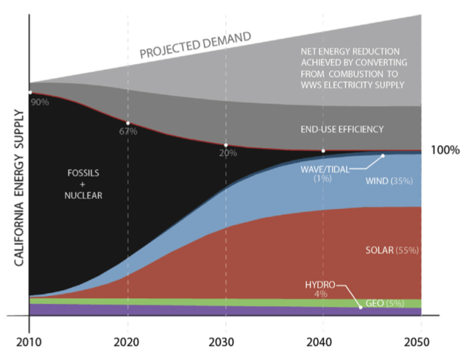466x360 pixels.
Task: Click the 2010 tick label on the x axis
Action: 28,342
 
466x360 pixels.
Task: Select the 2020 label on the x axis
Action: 127,342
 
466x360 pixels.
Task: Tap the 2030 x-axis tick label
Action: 226,342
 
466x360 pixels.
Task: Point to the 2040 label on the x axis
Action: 323,342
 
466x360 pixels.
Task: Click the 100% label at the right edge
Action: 444,151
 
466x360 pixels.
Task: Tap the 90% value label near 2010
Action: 40,102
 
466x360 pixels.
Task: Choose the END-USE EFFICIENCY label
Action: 341,129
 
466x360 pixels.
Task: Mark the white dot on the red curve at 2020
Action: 127,122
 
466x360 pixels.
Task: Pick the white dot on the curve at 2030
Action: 226,144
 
